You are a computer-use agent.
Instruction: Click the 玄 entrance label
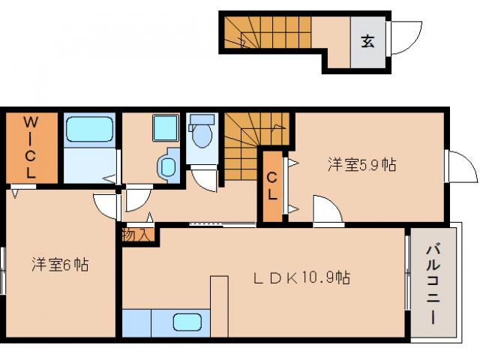368,42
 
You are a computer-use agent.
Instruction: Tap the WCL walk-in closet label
31,146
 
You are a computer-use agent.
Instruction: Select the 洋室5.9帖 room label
361,165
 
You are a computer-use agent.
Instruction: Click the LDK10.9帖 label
301,277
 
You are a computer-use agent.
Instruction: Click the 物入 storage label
137,234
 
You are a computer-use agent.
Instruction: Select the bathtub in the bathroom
89,130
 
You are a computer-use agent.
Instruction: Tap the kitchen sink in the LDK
188,323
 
